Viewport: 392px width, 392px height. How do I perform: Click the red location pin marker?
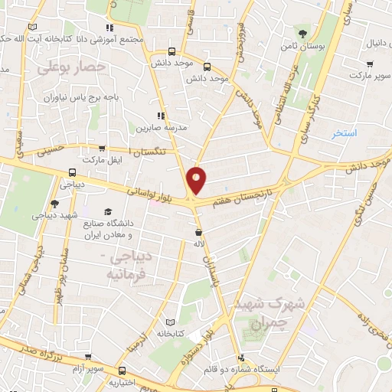point(197,181)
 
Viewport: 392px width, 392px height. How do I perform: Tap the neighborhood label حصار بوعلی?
point(69,68)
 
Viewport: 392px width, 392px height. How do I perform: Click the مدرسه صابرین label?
point(161,129)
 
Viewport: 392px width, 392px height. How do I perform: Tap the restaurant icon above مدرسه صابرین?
point(161,116)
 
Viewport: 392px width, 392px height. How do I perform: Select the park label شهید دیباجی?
point(53,216)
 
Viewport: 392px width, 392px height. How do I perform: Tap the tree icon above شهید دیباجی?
point(54,203)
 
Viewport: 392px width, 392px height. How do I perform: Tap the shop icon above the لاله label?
point(199,231)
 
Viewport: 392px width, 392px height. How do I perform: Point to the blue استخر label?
point(344,133)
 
